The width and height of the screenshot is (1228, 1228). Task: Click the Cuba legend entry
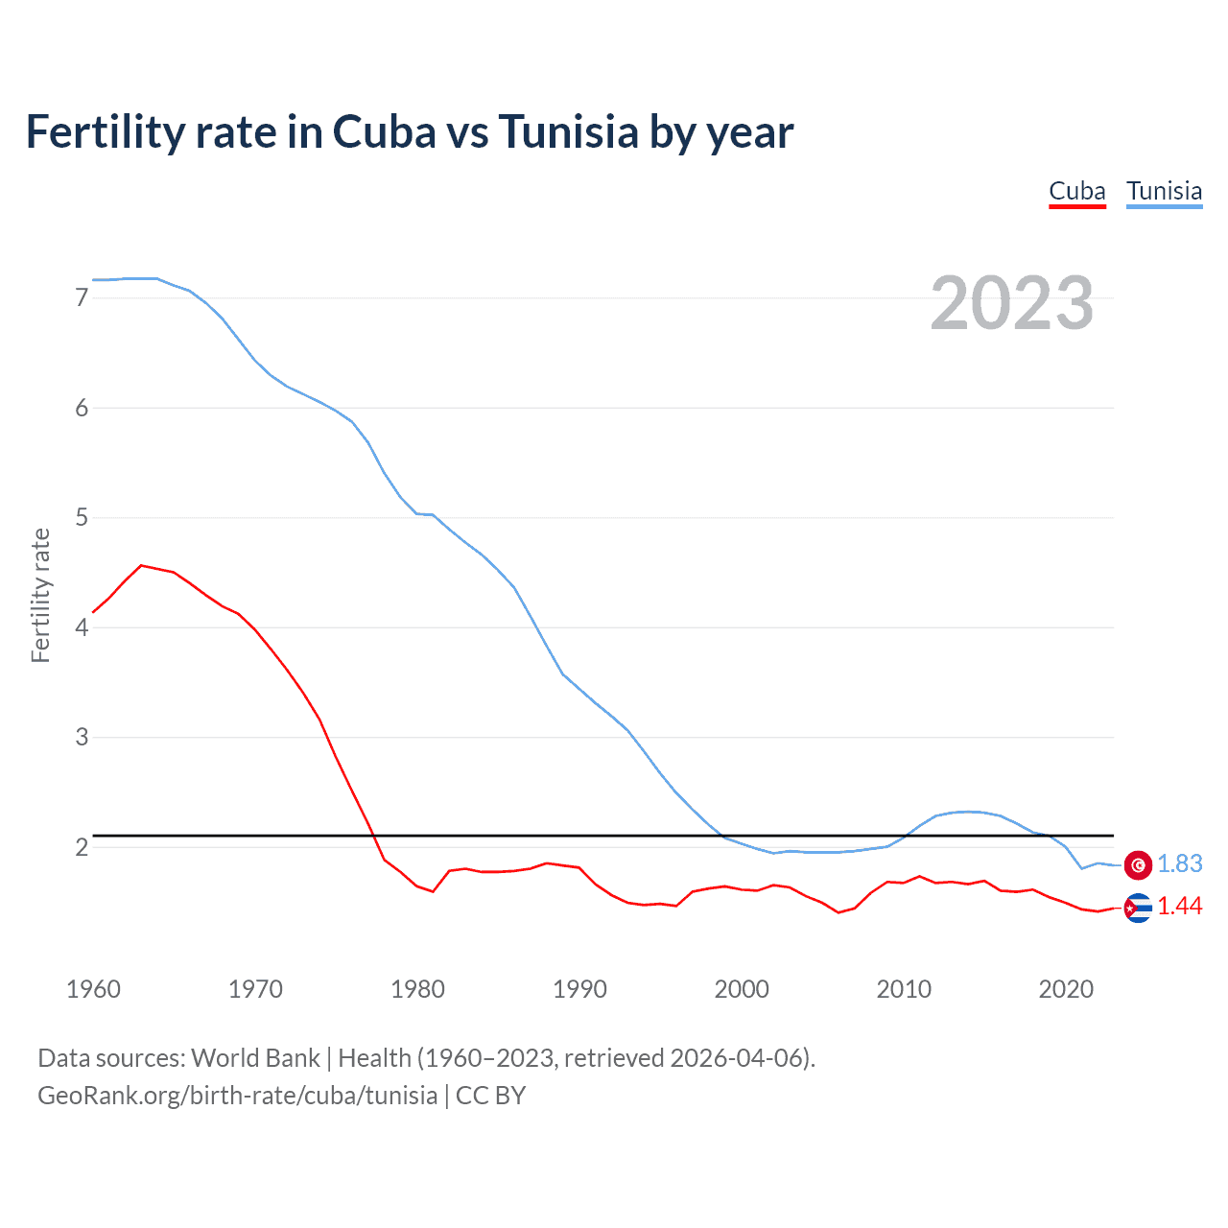1076,191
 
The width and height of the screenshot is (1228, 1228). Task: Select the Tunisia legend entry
1164,191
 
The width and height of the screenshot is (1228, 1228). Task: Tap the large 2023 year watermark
1011,303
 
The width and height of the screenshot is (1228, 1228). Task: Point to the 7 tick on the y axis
82,298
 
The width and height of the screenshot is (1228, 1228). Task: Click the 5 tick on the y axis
82,518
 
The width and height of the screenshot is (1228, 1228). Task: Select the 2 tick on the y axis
82,847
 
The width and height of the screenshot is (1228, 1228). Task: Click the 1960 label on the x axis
93,989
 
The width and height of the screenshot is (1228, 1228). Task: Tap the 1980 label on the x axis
417,989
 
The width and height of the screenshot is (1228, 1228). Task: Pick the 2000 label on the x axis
742,989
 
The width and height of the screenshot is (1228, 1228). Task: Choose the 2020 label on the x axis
1066,989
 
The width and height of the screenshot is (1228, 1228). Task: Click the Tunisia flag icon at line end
1138,864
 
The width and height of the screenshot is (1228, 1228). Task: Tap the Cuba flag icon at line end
1138,908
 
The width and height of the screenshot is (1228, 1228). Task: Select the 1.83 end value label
1179,864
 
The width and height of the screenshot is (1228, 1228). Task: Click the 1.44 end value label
1179,907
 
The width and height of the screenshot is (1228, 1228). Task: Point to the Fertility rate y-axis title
40,595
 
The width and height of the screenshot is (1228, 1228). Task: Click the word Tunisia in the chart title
568,132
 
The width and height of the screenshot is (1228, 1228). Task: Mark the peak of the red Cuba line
141,566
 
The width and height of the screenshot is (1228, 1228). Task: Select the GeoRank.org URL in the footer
237,1096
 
